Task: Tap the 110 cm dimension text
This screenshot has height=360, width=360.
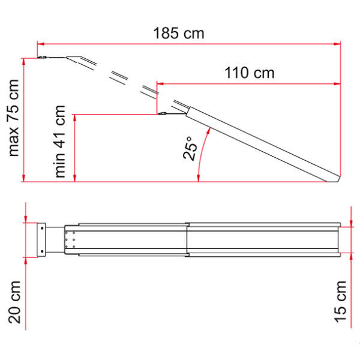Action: tap(249, 73)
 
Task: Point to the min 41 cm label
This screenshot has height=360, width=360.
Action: tap(60, 142)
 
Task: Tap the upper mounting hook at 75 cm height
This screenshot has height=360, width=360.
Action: tap(44, 58)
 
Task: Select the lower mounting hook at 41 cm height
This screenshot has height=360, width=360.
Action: tap(163, 113)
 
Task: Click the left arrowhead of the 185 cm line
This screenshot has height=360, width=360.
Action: tap(40, 43)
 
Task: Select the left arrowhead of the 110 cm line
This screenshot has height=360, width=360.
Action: tap(160, 83)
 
